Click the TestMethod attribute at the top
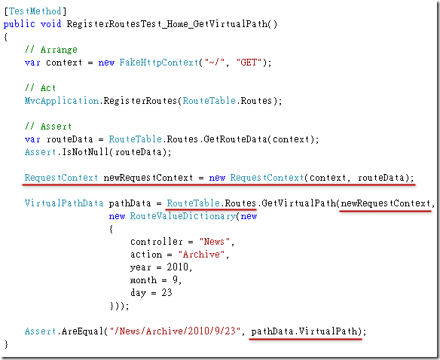[x=35, y=11]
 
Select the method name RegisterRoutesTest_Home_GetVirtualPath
[x=167, y=24]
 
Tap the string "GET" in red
[x=249, y=62]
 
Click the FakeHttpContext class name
[x=159, y=63]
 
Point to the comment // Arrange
[x=50, y=50]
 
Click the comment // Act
[x=40, y=88]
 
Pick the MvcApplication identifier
[x=62, y=101]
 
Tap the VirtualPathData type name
[x=64, y=203]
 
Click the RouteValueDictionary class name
[x=182, y=216]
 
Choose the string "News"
[x=215, y=241]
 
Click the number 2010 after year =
[x=177, y=267]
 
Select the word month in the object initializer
[x=143, y=280]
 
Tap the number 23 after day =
[x=167, y=293]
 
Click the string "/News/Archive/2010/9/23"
[x=175, y=331]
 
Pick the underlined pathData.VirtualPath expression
[x=304, y=331]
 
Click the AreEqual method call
[x=83, y=331]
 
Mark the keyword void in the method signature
[x=50, y=24]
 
